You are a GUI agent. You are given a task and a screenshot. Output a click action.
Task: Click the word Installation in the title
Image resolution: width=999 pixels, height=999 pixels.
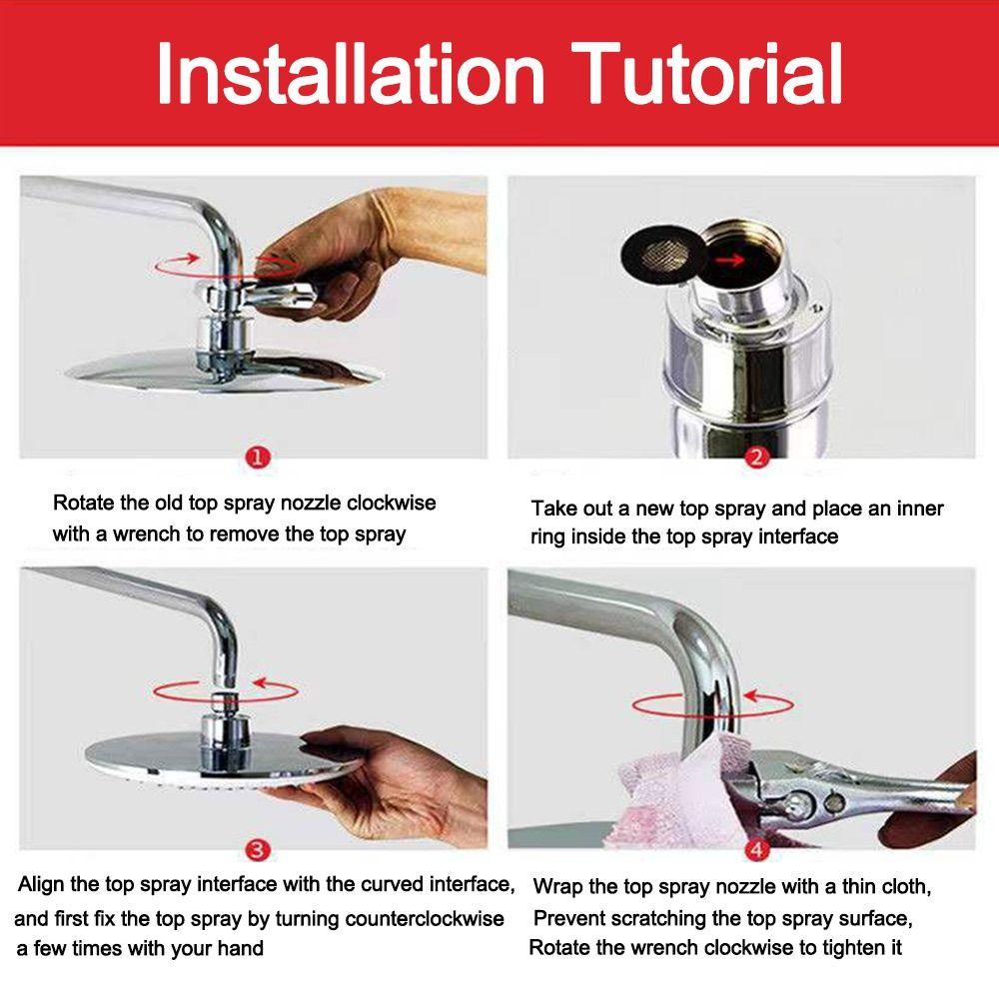[x=351, y=73]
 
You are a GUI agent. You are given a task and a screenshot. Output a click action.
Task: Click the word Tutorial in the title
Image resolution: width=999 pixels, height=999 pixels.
[x=706, y=73]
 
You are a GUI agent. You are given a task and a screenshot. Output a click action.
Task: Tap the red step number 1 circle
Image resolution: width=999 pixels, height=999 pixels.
[x=258, y=458]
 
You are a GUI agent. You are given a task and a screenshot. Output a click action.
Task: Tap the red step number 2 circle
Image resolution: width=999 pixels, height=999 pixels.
[x=756, y=458]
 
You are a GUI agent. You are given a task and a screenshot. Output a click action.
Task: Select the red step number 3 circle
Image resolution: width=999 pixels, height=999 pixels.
[x=258, y=850]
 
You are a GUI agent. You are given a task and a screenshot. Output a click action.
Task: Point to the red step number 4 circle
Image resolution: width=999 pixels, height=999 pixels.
[x=756, y=850]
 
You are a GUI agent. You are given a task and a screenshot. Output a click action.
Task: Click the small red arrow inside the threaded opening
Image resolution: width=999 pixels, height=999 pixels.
[x=729, y=260]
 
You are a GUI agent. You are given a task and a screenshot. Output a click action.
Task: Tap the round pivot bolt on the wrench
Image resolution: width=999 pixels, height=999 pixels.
[x=796, y=804]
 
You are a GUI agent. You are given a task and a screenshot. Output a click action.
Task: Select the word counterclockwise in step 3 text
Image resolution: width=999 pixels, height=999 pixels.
[x=424, y=919]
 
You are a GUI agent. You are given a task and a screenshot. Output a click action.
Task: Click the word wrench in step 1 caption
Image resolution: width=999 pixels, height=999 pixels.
[x=146, y=533]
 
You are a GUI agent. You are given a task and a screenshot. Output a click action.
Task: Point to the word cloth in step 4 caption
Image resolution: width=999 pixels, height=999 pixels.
[x=903, y=886]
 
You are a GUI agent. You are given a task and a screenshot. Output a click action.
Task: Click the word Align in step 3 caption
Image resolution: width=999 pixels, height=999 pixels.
[x=41, y=885]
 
